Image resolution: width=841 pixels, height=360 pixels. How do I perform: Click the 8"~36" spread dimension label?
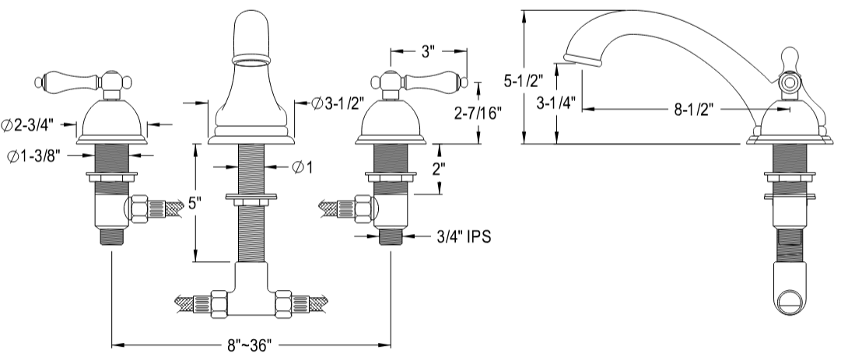(x=251, y=344)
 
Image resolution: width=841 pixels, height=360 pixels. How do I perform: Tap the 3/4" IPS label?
(x=464, y=236)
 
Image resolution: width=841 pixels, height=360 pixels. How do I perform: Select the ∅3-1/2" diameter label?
(x=338, y=103)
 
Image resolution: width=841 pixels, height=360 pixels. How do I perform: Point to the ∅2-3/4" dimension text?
(x=32, y=125)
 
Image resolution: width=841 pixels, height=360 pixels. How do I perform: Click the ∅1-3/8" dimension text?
(x=34, y=156)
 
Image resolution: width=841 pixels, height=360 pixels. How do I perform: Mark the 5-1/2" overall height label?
(x=524, y=80)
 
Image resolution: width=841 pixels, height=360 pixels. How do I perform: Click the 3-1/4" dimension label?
(x=557, y=102)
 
